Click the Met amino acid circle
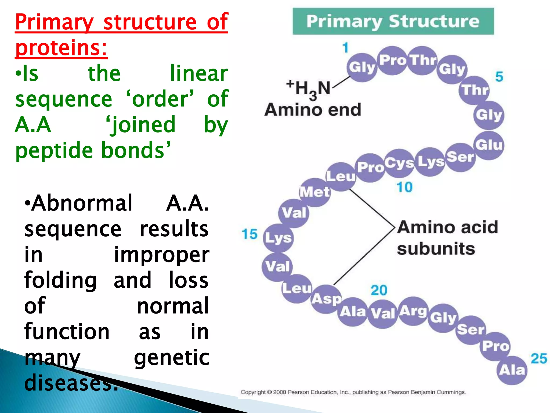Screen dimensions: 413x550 315,192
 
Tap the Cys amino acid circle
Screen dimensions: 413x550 399,163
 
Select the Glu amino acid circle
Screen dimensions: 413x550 489,145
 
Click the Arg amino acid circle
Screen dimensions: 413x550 413,311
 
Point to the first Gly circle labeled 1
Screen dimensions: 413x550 362,67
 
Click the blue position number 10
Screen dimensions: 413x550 404,187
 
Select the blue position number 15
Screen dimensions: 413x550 249,234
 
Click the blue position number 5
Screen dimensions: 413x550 499,77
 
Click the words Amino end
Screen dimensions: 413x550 313,110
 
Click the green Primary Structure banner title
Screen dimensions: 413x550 393,21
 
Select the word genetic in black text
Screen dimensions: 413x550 172,358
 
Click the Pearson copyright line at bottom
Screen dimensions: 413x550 353,392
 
